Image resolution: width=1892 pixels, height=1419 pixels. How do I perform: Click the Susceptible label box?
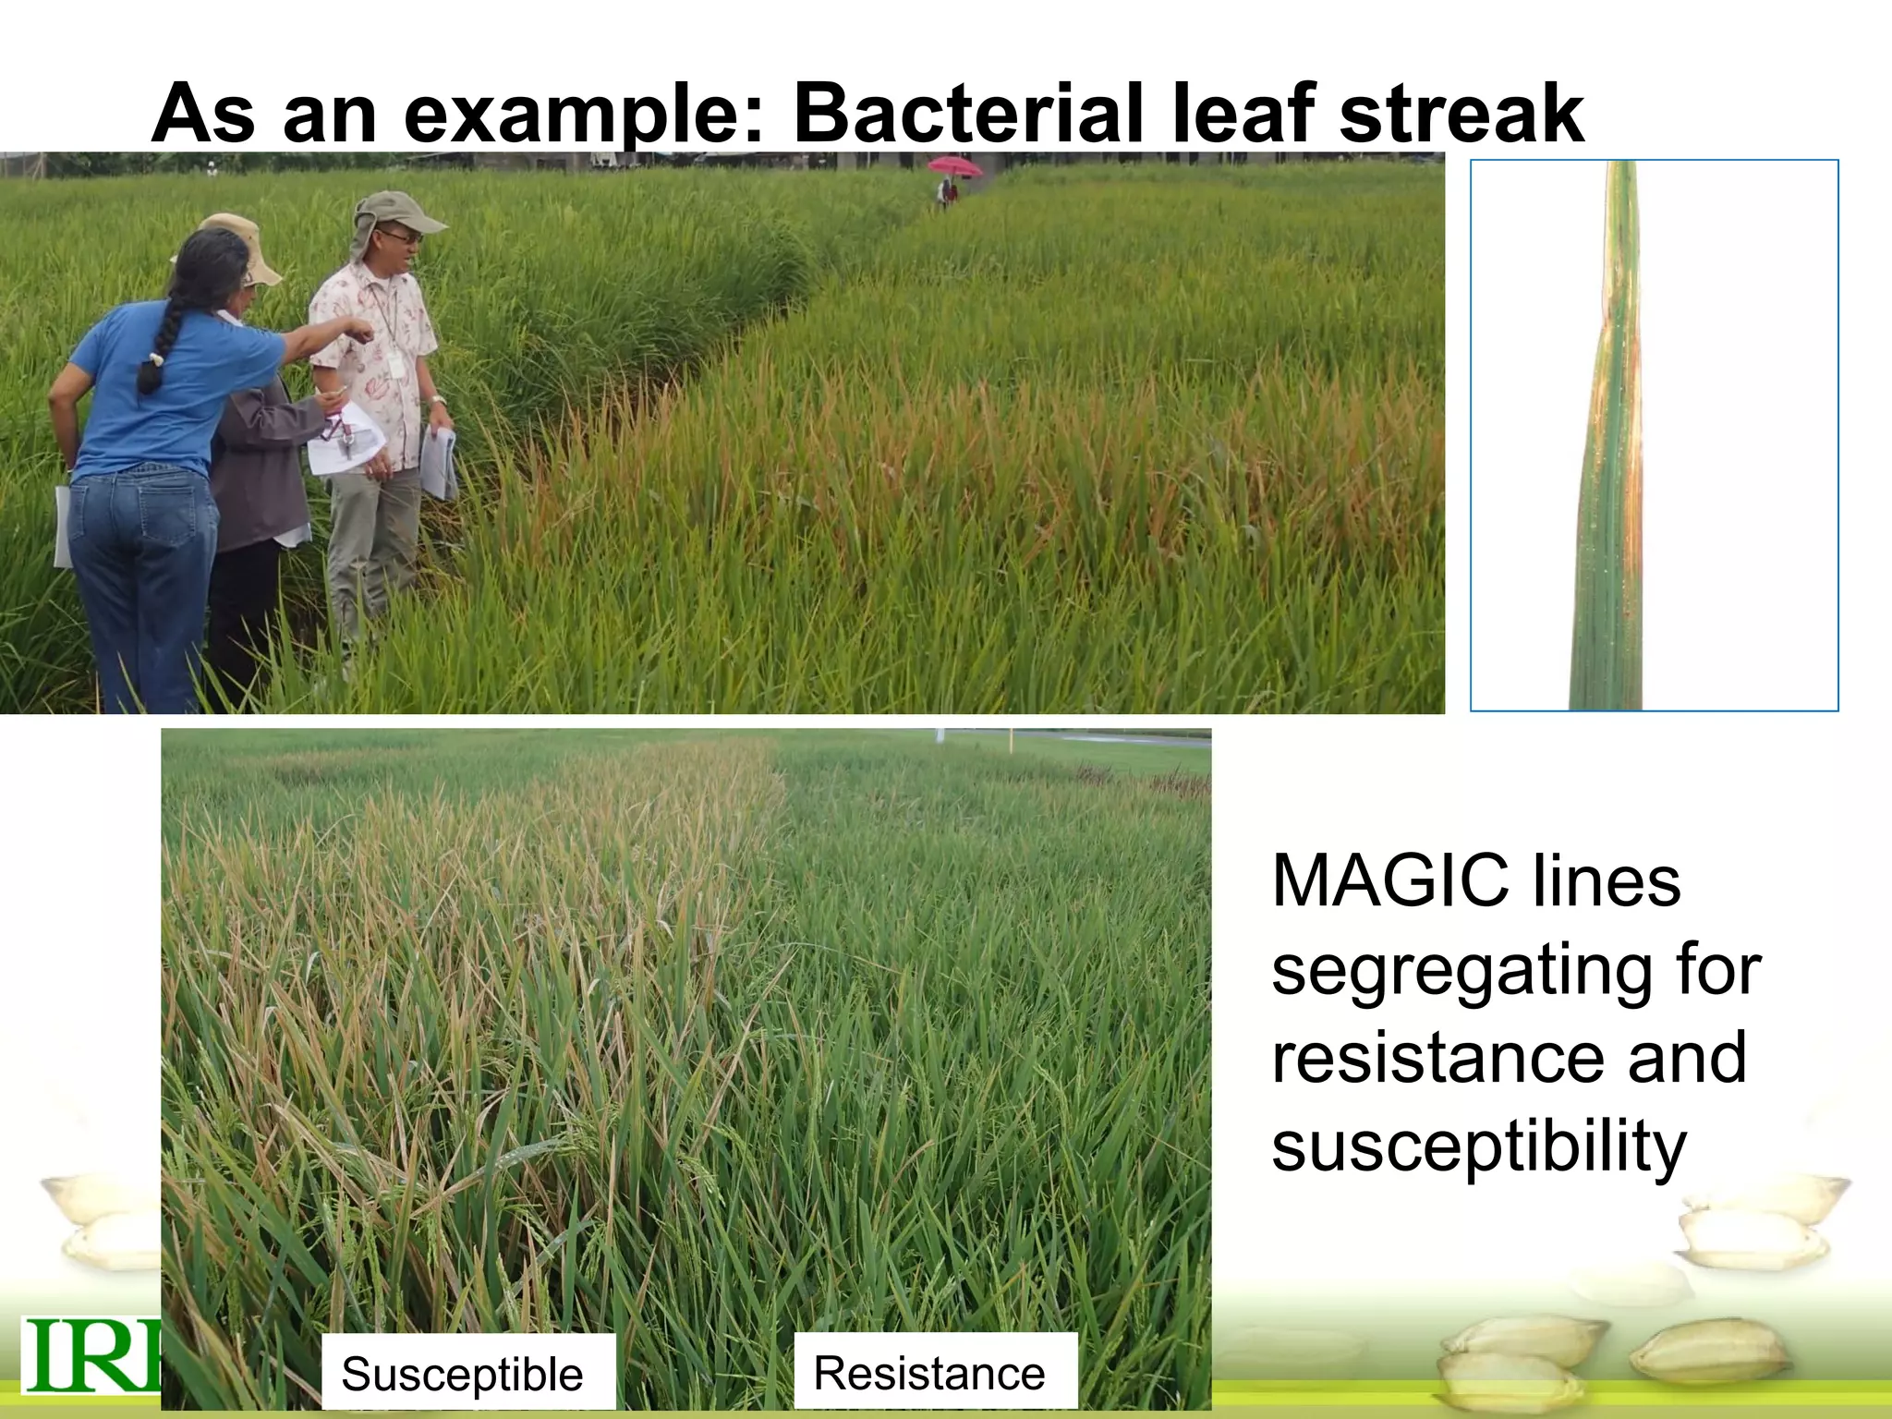467,1373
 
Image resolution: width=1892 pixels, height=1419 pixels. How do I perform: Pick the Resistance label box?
935,1371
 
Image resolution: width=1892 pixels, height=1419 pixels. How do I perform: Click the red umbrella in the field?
954,166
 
